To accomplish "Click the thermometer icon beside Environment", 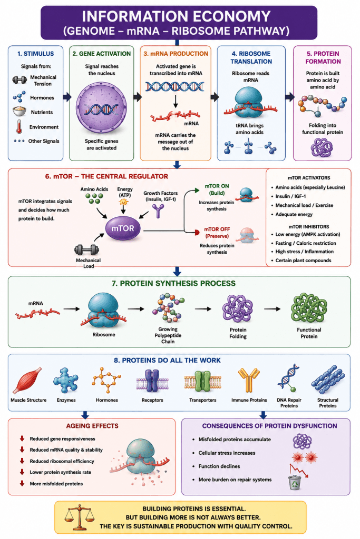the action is [20, 126].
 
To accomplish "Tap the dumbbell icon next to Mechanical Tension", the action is [20, 80].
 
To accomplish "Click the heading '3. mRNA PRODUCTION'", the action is [176, 54].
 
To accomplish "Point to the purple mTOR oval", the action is [123, 228].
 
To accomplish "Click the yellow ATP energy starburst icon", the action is [123, 202].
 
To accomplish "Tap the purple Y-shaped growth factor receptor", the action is [158, 211].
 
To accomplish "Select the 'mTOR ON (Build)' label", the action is [217, 189].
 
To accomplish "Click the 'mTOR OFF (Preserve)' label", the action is [217, 232].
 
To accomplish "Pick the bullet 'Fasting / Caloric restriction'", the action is [306, 243].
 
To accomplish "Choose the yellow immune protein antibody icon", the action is [249, 380].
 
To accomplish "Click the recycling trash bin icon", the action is [295, 482].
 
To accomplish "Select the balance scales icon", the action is [79, 517].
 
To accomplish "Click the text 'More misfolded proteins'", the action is [56, 484].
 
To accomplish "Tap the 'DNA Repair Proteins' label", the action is [289, 403].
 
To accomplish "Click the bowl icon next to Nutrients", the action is [20, 111].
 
